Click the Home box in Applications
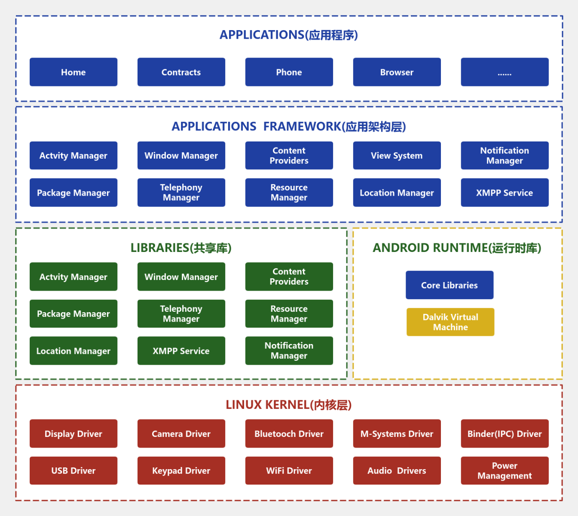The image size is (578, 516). [x=73, y=72]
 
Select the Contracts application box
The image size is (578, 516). [x=181, y=72]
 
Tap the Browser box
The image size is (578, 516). [x=397, y=72]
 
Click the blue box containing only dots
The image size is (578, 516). [x=505, y=72]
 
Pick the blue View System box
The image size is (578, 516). [x=397, y=156]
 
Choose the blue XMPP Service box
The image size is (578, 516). [x=505, y=193]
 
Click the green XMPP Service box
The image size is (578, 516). [x=181, y=351]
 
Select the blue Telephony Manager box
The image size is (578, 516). [x=181, y=193]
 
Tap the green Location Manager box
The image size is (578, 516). [x=73, y=351]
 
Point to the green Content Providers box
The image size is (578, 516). [x=289, y=276]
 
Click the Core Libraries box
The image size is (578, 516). [x=450, y=285]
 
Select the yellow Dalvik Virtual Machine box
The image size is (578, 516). [x=450, y=322]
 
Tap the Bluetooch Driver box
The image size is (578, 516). [x=289, y=434]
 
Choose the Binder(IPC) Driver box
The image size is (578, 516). [x=505, y=434]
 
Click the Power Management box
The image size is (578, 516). [x=505, y=471]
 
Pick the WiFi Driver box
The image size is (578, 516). [x=289, y=471]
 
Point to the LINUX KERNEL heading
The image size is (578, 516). [x=289, y=405]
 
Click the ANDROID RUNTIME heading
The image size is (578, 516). [x=457, y=248]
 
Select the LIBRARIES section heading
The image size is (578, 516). [x=181, y=248]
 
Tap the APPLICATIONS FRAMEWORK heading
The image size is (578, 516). [x=289, y=126]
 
